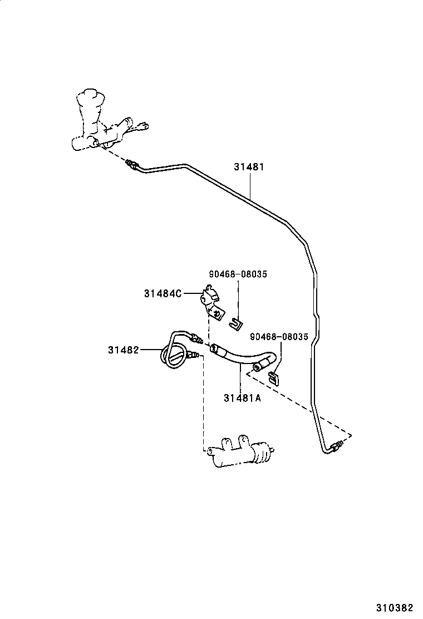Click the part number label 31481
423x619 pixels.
point(249,166)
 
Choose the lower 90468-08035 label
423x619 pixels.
point(279,337)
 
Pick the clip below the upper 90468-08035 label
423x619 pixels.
point(237,321)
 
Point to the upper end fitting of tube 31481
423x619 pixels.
point(132,164)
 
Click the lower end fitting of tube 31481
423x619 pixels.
point(336,446)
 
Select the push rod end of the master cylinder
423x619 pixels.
point(144,126)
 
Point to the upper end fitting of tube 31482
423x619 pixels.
point(196,337)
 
